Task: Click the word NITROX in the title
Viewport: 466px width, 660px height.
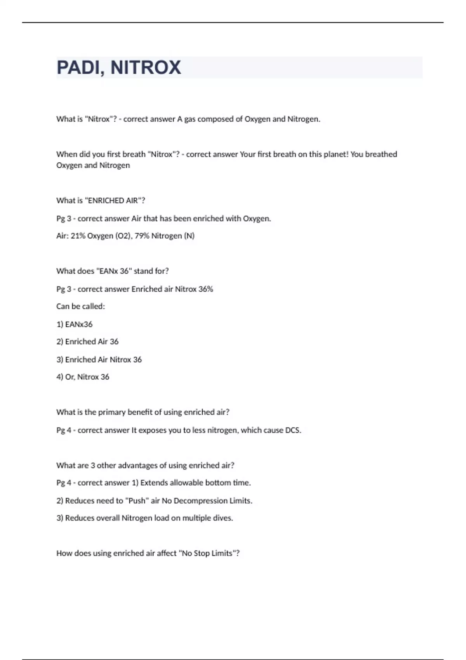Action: tap(146, 68)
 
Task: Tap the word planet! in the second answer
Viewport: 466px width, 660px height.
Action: tap(336, 154)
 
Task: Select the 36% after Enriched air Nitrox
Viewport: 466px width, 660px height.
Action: tap(205, 289)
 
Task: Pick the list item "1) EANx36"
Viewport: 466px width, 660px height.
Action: tap(75, 324)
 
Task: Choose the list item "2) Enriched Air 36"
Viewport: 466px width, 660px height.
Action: tap(87, 342)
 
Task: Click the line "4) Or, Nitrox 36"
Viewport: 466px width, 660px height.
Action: tap(83, 377)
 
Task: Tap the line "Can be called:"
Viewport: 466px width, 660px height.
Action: tap(80, 306)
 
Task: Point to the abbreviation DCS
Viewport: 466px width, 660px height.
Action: tap(293, 430)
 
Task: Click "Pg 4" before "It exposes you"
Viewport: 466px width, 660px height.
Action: tap(64, 430)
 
